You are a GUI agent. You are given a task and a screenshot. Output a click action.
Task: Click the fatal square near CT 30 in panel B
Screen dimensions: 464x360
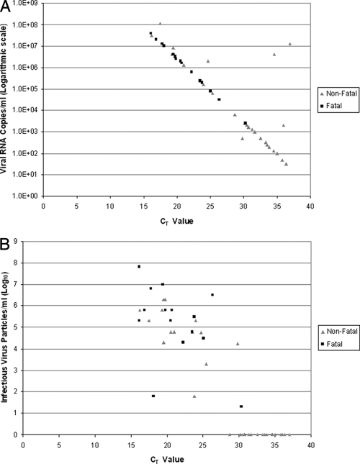coord(241,406)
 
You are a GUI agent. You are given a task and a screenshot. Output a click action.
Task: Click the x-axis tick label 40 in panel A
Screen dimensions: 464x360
coord(310,206)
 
